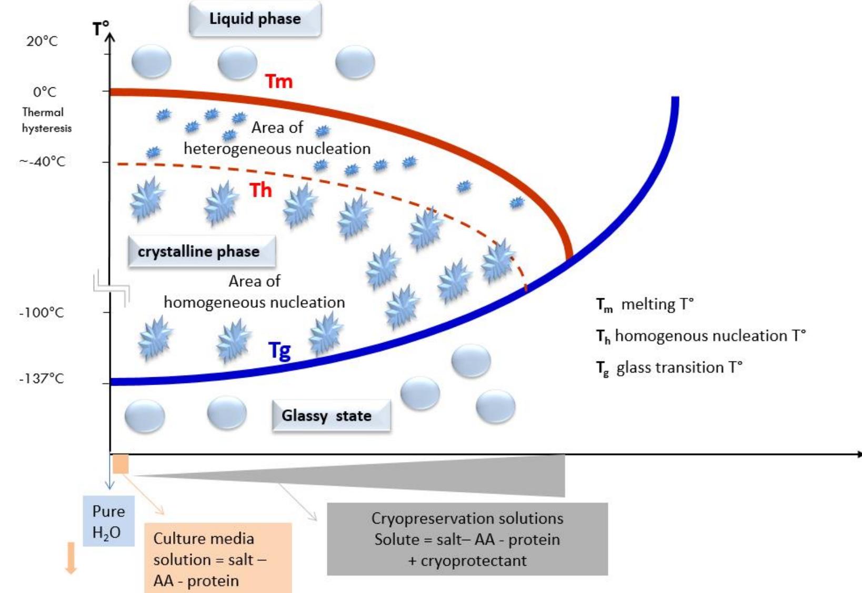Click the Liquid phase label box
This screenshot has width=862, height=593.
(x=255, y=19)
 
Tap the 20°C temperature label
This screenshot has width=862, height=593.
(x=42, y=41)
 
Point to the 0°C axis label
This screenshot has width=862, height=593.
(x=44, y=92)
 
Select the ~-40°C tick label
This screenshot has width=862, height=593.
(x=43, y=162)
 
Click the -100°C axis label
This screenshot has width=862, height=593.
(x=42, y=313)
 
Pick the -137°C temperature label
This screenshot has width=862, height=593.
(x=42, y=378)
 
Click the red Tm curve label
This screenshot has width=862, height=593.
(x=278, y=82)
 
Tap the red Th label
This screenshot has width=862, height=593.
(x=260, y=190)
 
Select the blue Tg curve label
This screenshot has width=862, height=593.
(x=279, y=350)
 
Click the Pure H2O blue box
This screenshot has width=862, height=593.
(x=108, y=521)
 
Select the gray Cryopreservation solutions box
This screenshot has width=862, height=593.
(x=467, y=539)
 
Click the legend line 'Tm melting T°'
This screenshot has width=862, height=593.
(x=645, y=305)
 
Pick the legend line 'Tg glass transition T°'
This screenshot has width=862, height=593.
(x=668, y=368)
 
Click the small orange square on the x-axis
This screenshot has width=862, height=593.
(x=121, y=465)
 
